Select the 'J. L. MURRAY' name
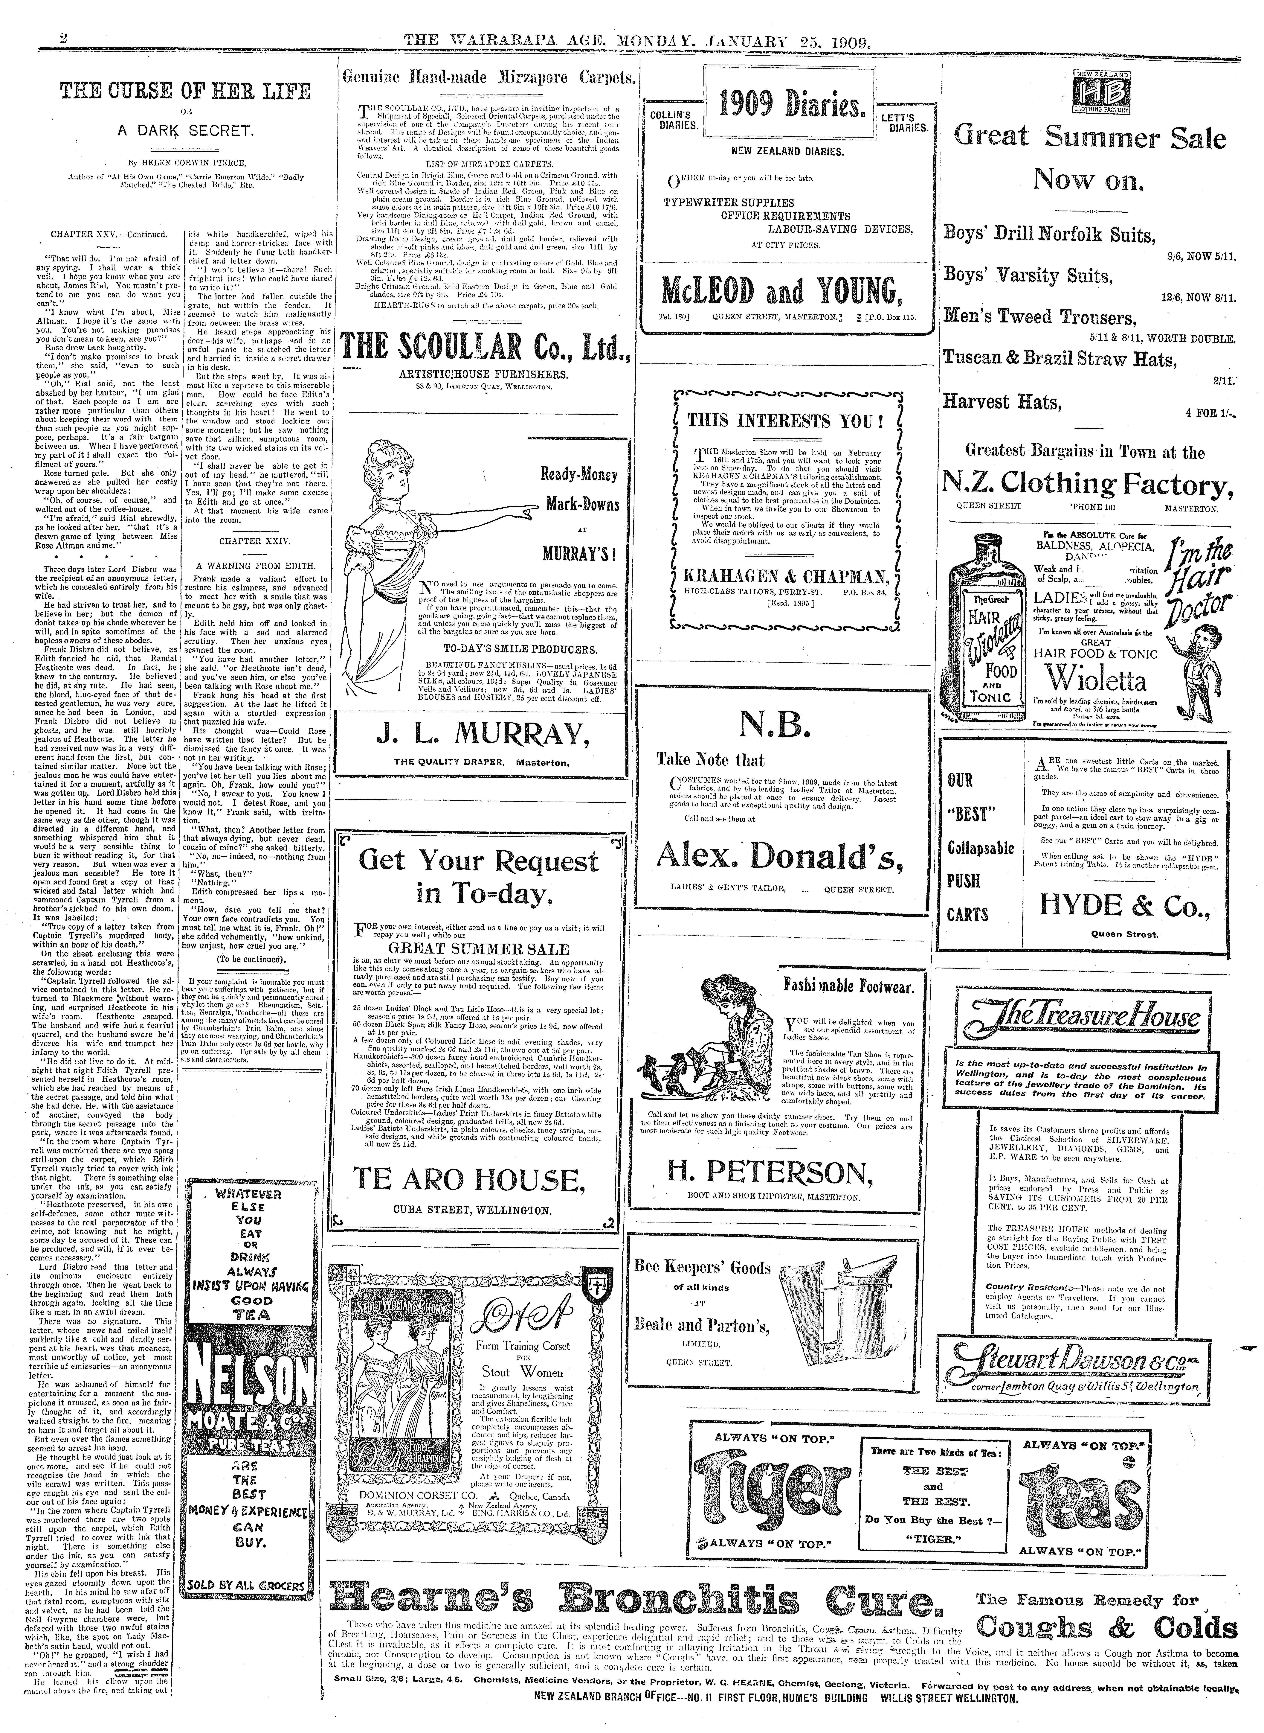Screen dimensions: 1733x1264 482,736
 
